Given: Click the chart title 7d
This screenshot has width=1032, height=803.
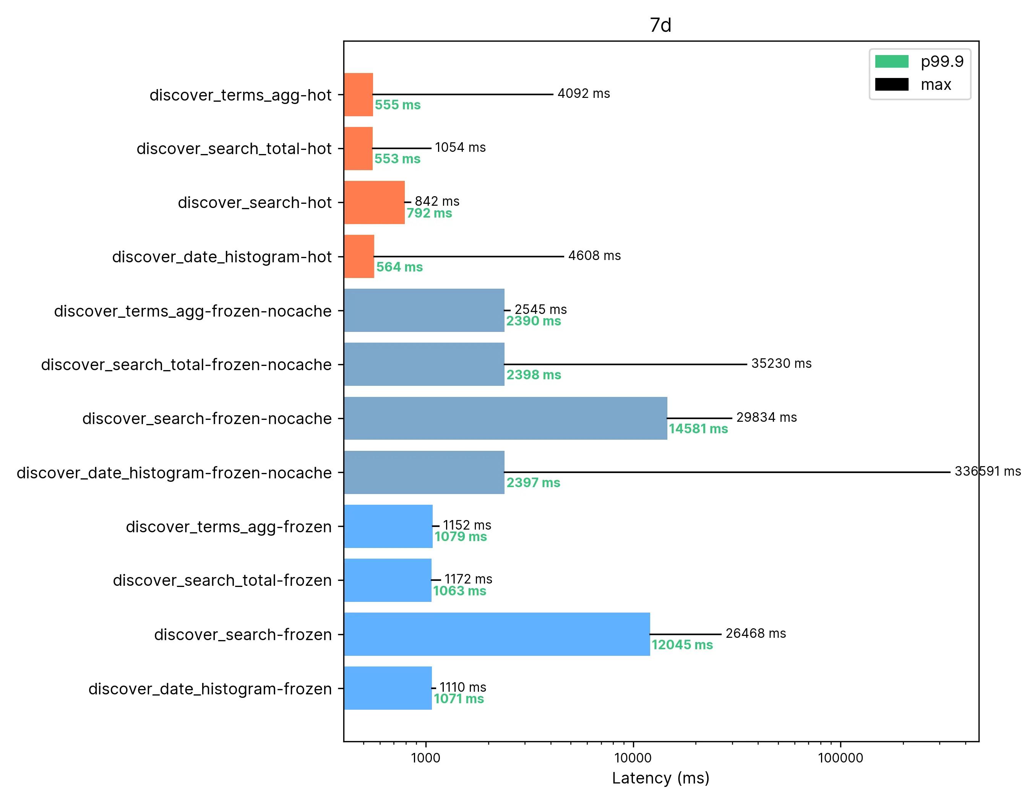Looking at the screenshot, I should tap(660, 26).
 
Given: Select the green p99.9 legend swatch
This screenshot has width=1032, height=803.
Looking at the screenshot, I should tap(891, 62).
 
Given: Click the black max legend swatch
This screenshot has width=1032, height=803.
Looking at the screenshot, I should tap(891, 85).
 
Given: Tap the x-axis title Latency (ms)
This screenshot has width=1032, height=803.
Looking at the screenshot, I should tap(660, 777).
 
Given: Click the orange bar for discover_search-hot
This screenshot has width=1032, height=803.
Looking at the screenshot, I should tap(374, 202).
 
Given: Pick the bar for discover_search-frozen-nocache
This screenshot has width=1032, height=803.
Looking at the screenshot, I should tap(505, 418).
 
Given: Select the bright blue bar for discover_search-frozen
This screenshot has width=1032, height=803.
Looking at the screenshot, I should tap(497, 634).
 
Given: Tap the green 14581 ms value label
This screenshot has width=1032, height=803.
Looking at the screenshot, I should tap(698, 429).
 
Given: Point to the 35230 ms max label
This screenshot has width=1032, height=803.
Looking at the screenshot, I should tap(781, 364).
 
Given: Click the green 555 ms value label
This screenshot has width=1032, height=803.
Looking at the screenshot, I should tap(398, 105).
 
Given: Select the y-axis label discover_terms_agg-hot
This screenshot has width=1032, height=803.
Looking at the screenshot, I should tap(240, 95).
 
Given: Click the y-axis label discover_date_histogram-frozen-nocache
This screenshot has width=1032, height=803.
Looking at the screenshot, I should tap(174, 473).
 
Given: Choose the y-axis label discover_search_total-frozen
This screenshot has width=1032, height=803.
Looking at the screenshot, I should tap(222, 580).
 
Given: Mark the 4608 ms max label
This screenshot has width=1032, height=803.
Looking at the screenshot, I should tap(594, 256).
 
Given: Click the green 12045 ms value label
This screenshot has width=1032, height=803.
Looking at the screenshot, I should tap(682, 645).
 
